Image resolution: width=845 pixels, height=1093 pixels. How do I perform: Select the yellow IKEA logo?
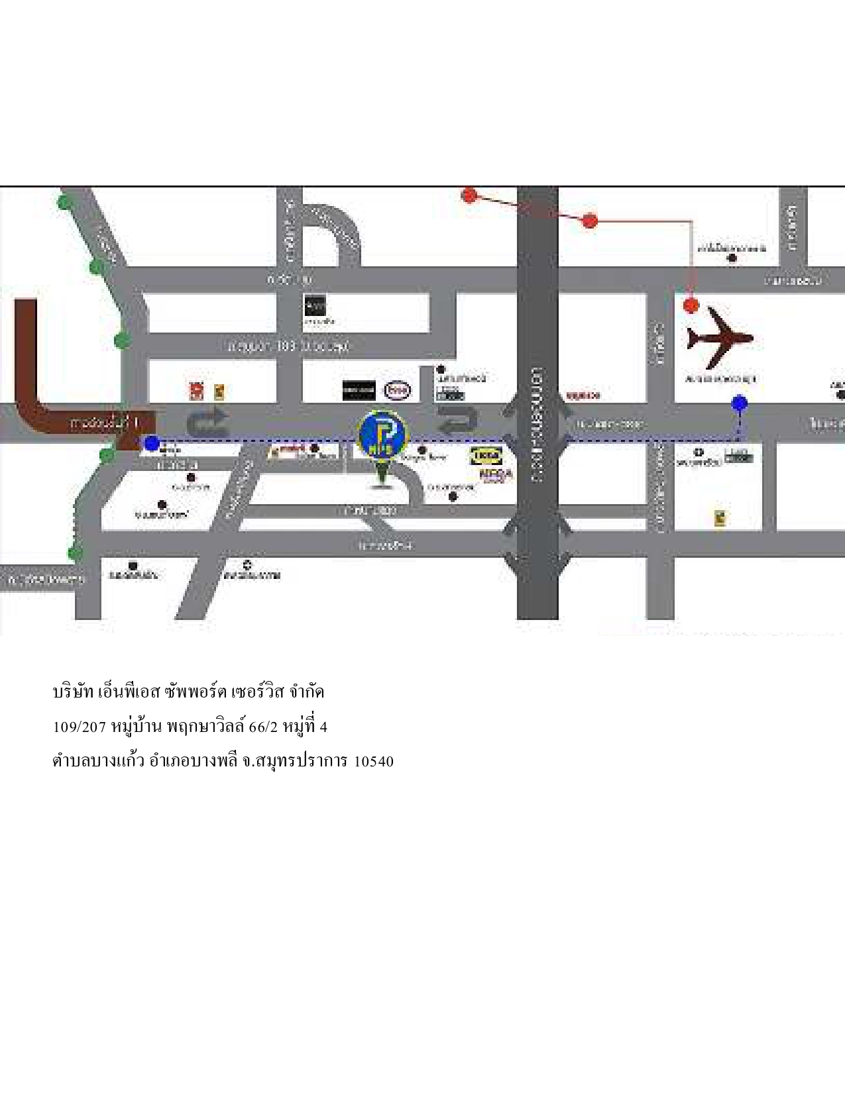tap(486, 456)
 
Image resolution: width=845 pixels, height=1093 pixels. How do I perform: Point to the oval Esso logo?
tap(398, 390)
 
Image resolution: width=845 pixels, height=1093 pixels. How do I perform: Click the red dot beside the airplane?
tap(691, 305)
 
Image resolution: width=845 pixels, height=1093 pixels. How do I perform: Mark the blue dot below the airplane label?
tap(740, 403)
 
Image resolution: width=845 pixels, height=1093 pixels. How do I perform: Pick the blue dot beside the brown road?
tap(152, 443)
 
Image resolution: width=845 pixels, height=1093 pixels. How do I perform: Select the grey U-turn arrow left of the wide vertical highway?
tap(459, 420)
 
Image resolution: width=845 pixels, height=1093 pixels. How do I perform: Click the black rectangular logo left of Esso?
tap(359, 390)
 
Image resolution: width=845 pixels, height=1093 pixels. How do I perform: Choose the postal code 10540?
tap(374, 761)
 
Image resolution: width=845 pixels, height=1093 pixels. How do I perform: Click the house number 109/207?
tap(80, 727)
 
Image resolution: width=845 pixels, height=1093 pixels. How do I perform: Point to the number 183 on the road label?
tap(286, 346)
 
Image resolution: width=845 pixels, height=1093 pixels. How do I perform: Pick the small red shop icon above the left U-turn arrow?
tap(196, 391)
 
